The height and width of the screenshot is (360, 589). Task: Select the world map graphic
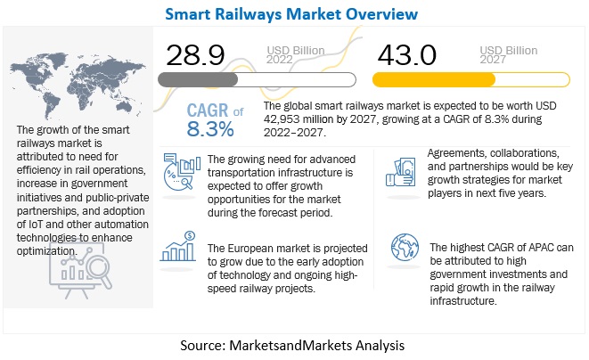[63, 75]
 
